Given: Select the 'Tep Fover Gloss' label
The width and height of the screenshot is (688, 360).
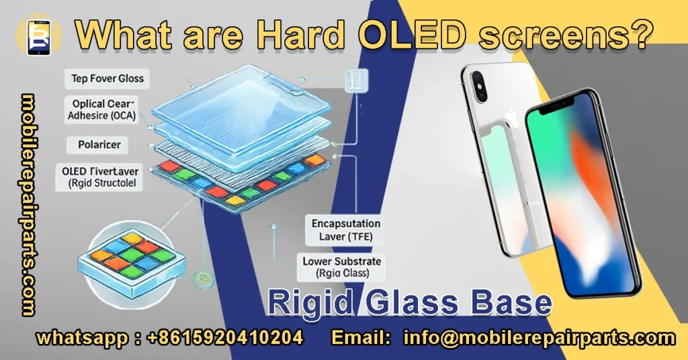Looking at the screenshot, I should click(107, 79).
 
